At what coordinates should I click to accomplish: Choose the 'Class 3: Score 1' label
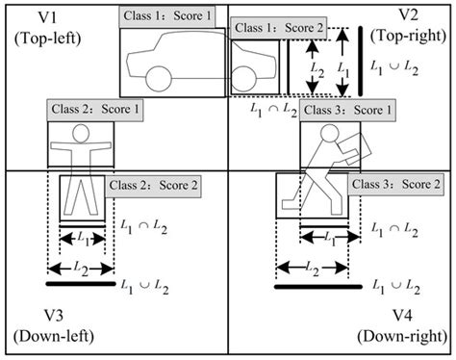pos(348,111)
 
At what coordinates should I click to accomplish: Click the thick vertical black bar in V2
pos(359,61)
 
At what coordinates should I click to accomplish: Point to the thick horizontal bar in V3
pos(81,285)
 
